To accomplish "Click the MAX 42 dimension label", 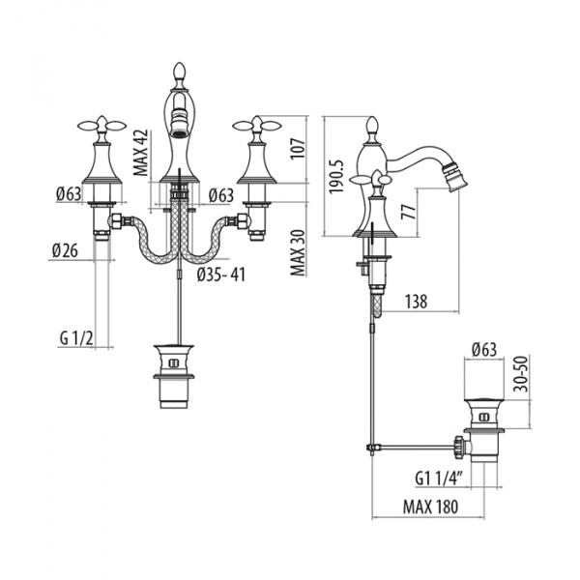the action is (x=141, y=153).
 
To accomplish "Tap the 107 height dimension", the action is (x=298, y=149).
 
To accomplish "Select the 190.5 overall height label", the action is (x=336, y=177).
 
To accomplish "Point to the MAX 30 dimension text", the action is (x=298, y=253).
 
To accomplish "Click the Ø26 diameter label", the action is (x=65, y=251).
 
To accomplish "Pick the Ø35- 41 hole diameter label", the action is (x=220, y=275).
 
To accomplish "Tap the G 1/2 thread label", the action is (x=76, y=338).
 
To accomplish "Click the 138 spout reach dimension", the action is (x=416, y=302).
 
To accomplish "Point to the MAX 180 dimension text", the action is (x=430, y=507).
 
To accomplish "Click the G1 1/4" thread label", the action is (x=439, y=479).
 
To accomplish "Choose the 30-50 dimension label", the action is (x=522, y=374).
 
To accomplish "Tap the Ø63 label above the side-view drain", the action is (x=484, y=350).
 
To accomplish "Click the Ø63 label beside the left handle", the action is (x=69, y=194).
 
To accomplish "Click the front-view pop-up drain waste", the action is (x=174, y=377).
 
